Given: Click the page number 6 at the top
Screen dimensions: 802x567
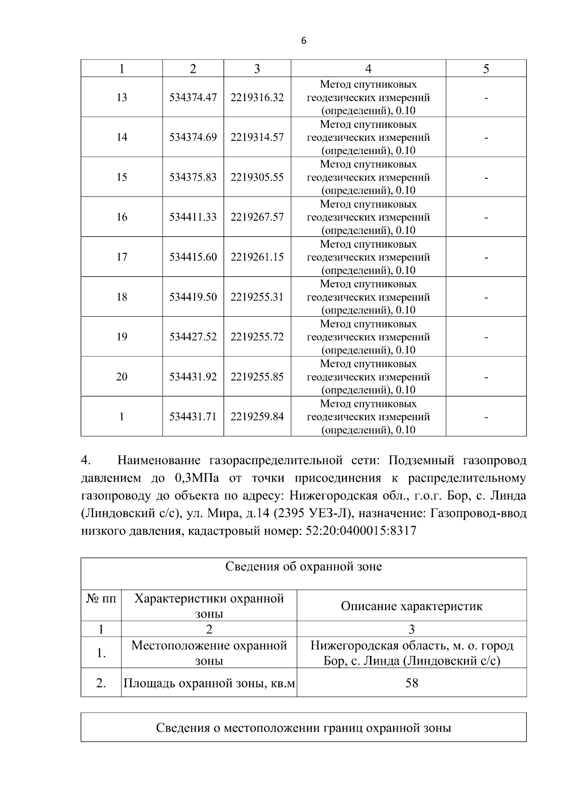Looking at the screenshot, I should click(303, 41).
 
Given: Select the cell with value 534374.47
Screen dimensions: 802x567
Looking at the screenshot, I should click(193, 97).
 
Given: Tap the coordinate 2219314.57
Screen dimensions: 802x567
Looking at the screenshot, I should click(257, 137).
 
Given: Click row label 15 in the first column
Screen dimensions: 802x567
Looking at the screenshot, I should click(121, 177).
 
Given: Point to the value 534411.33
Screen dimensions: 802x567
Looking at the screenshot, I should click(193, 217).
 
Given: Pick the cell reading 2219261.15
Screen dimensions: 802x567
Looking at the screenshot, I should click(257, 257).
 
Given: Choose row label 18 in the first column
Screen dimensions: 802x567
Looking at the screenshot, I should click(121, 297).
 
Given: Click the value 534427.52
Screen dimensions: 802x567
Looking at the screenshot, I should click(193, 337).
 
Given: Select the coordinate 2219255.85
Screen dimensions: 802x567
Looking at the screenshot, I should click(257, 377).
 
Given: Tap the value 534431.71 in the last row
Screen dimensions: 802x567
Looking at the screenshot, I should click(193, 417).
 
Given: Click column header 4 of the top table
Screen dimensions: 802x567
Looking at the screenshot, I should click(368, 69).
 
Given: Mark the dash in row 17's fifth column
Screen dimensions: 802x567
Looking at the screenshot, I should click(486, 258).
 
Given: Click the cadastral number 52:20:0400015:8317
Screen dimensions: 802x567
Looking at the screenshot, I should click(361, 531).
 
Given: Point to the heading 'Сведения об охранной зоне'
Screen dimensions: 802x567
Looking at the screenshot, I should click(303, 567).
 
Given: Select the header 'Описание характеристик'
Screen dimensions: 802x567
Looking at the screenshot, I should click(412, 606).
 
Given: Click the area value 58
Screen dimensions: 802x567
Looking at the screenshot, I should click(412, 683).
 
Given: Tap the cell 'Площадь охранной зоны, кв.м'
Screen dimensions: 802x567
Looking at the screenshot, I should click(209, 683).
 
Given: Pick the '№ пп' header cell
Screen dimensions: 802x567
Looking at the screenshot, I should click(101, 599).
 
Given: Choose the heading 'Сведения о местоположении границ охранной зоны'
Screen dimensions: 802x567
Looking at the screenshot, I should click(303, 728).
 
